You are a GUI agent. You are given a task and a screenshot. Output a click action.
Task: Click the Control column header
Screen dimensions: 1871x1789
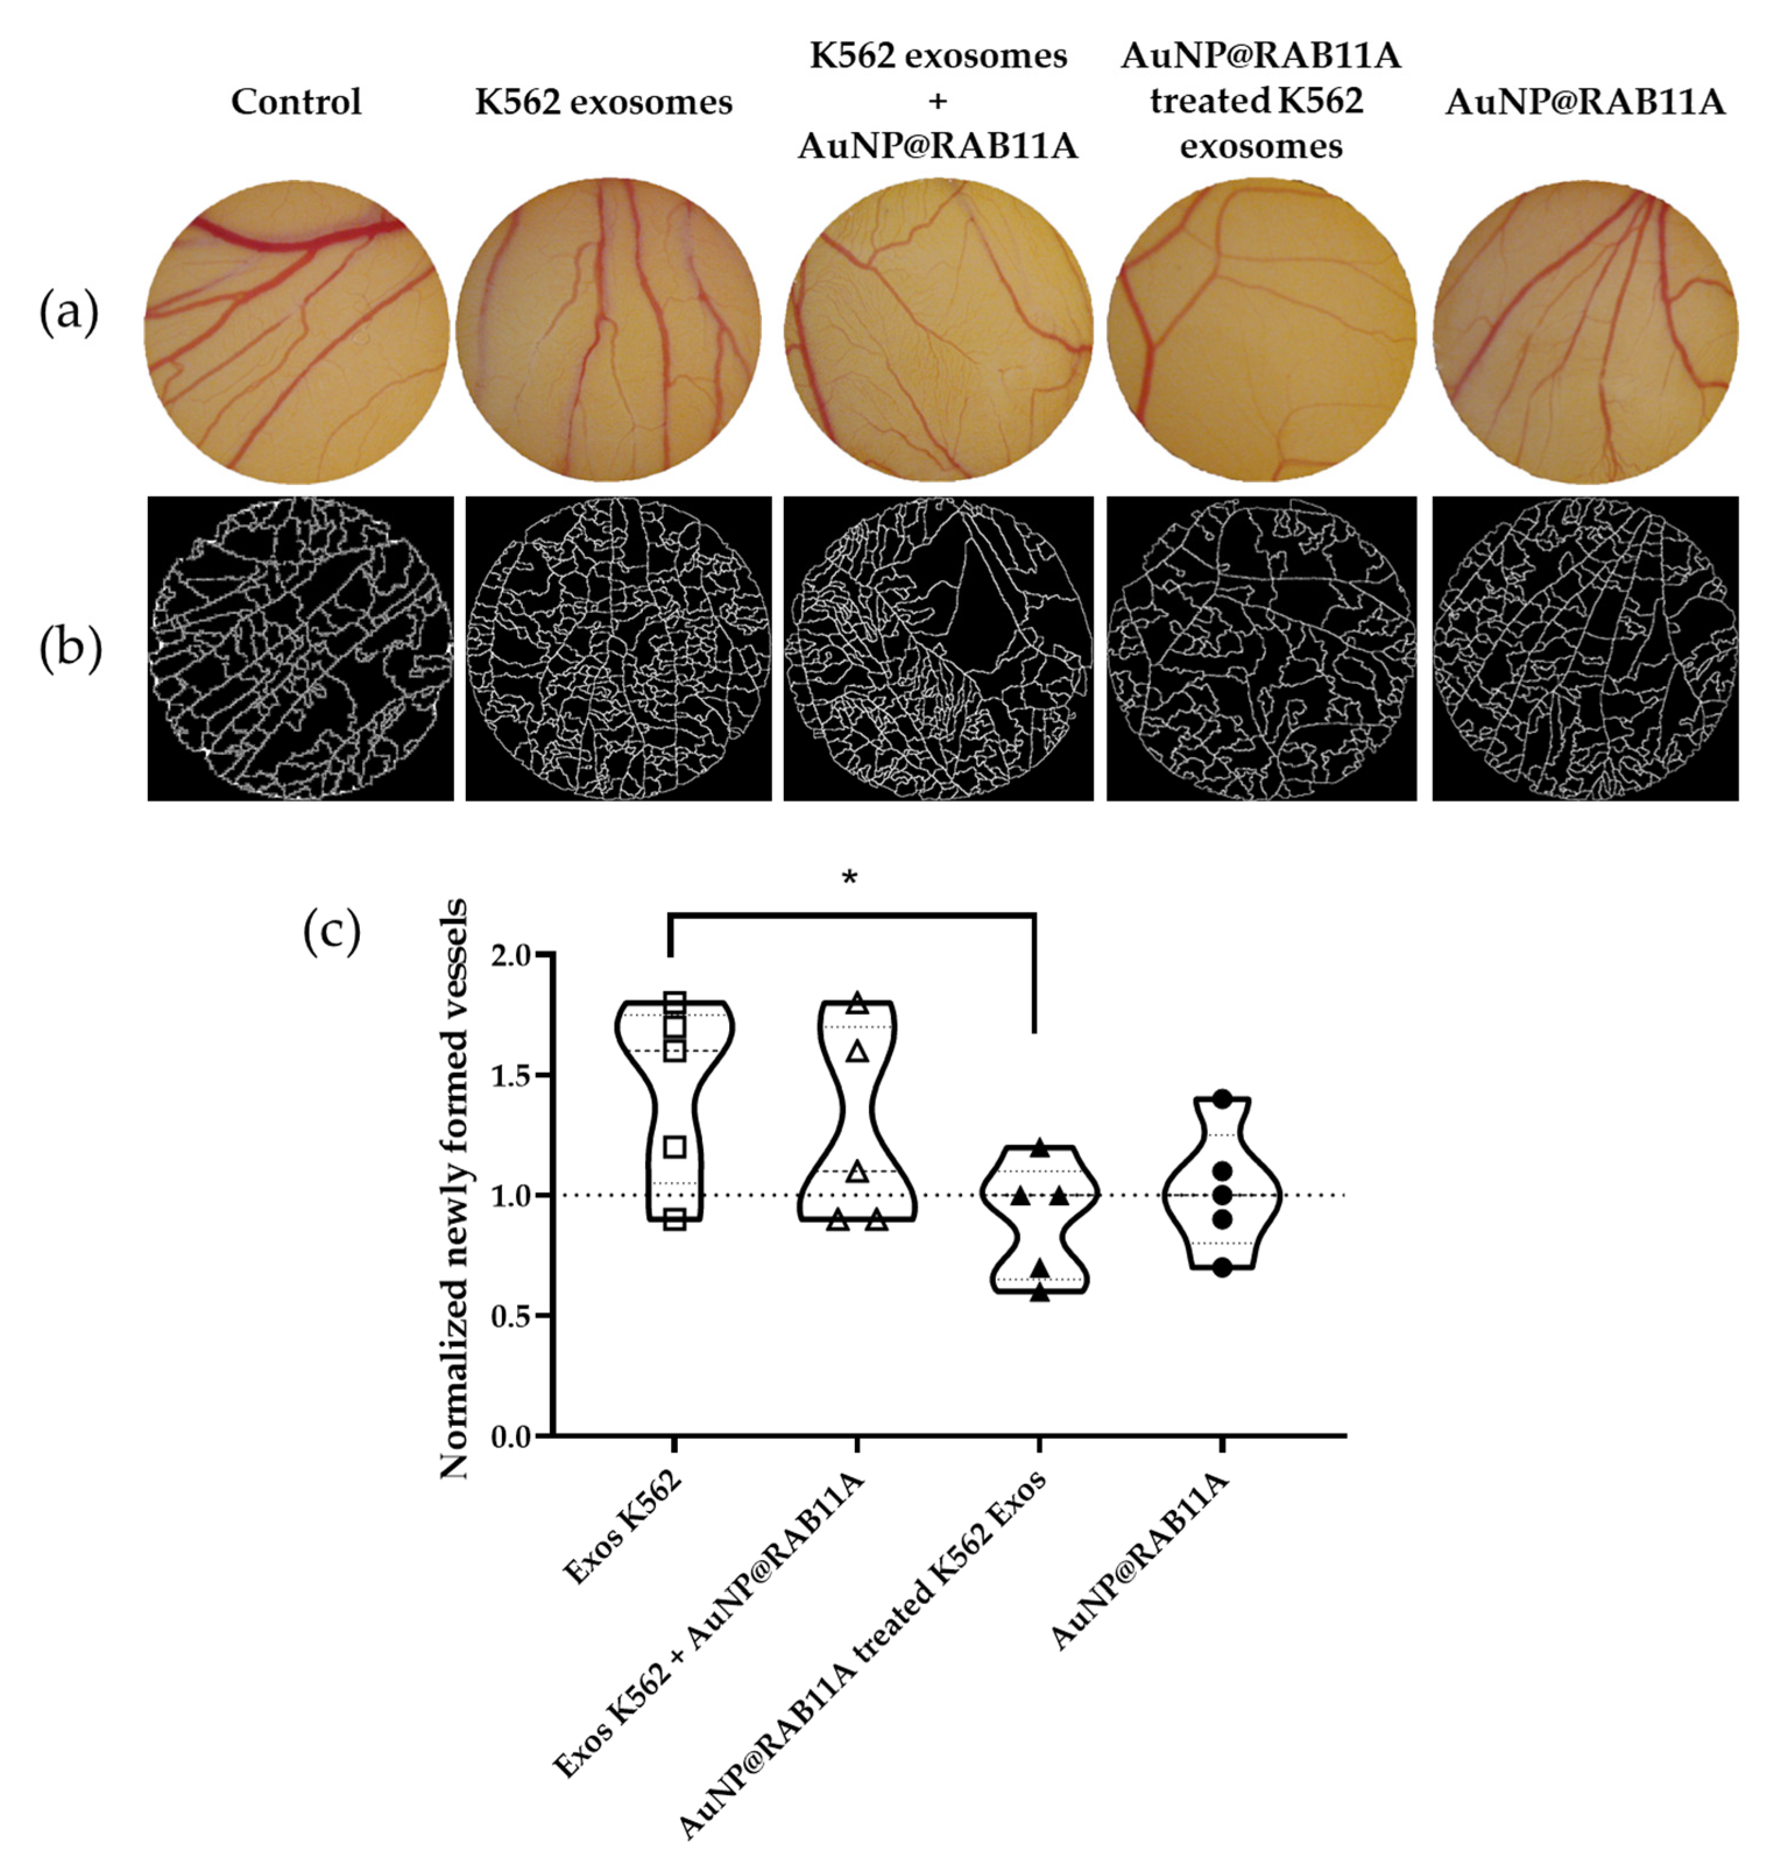[x=296, y=102]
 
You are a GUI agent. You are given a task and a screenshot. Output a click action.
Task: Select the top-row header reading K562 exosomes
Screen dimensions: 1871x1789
[x=604, y=102]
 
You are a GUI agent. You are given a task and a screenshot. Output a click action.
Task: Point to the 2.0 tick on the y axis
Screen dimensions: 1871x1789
[x=515, y=955]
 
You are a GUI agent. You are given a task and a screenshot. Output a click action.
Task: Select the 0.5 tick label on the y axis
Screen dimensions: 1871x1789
[x=515, y=1316]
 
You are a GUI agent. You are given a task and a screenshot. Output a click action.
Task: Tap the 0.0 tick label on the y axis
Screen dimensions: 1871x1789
[x=515, y=1436]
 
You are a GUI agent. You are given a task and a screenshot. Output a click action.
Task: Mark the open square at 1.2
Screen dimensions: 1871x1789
[x=675, y=1146]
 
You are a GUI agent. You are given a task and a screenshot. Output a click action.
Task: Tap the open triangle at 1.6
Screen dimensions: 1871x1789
[x=857, y=1051]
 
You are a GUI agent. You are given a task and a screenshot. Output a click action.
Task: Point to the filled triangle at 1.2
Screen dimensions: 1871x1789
[x=1041, y=1146]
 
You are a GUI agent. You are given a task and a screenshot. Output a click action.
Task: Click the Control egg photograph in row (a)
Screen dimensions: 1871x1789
[x=296, y=332]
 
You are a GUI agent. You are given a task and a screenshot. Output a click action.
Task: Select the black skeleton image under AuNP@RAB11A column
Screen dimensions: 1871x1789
[x=1585, y=648]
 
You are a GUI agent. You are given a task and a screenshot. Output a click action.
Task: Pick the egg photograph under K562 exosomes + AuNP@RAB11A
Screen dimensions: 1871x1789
[x=938, y=332]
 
